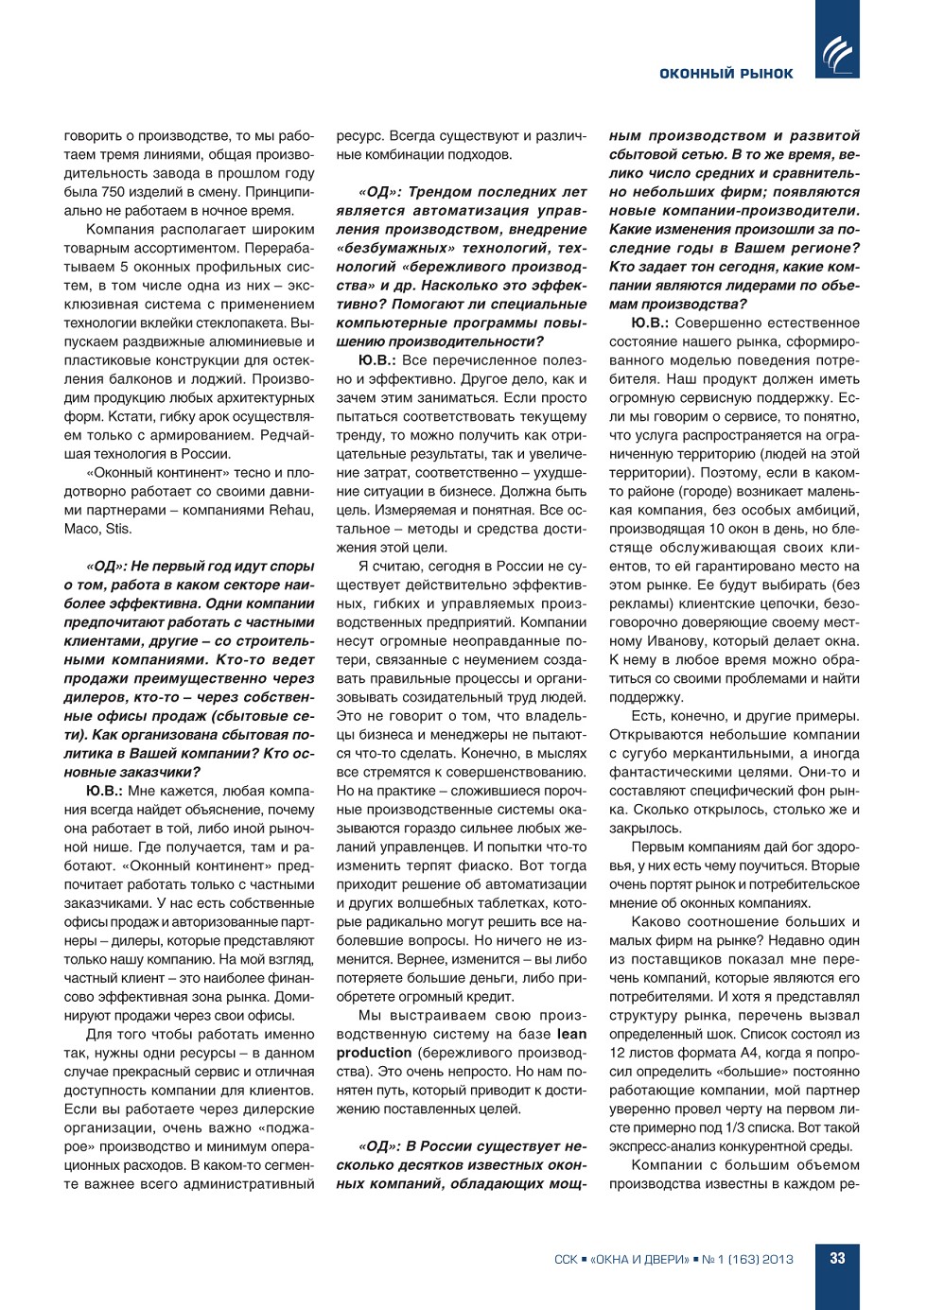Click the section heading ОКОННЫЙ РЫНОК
(726, 74)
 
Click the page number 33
(837, 1259)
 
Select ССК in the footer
(566, 1260)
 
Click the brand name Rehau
(292, 510)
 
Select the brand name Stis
(119, 529)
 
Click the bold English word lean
(571, 1034)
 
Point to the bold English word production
(374, 1053)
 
